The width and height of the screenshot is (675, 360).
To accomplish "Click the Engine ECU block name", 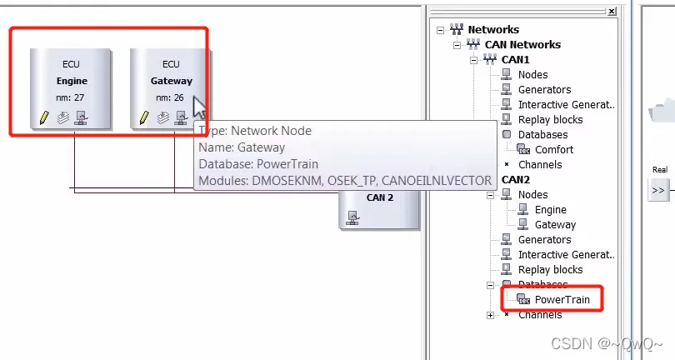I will [72, 82].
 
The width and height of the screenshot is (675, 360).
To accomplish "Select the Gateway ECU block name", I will [171, 82].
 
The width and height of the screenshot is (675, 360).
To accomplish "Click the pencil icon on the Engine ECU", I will [44, 117].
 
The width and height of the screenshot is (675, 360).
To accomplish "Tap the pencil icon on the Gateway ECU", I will [144, 117].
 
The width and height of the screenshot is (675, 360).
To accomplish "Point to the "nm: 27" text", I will [72, 98].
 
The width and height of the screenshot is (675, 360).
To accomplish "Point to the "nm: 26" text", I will [171, 98].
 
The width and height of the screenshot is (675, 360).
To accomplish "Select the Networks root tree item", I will [493, 30].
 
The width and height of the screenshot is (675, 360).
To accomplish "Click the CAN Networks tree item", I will [522, 45].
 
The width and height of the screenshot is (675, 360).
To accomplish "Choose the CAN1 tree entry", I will [515, 60].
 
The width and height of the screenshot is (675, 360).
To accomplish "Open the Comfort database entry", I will [553, 150].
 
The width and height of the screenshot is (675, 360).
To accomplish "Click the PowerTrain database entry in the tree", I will [562, 300].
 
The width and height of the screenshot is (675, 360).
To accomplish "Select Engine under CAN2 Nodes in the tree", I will [550, 210].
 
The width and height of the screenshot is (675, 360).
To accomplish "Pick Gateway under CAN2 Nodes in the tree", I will [555, 225].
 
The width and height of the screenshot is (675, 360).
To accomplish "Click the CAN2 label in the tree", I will [516, 180].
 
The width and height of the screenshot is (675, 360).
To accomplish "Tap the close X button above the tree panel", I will [612, 12].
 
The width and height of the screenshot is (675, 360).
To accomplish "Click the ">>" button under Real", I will [658, 190].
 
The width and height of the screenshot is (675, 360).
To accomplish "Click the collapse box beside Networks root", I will [440, 30].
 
